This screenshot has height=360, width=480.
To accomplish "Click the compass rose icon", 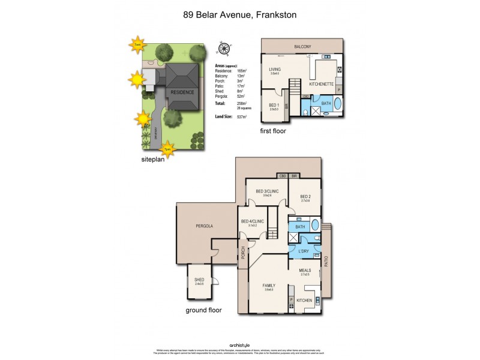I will coord(224,50).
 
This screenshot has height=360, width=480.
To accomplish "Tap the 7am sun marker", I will coord(137,44).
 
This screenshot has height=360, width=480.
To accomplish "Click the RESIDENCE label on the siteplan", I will coord(182,92).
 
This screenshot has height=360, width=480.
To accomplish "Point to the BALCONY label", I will coord(302,47).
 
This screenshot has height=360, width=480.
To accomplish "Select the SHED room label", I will coord(199,280).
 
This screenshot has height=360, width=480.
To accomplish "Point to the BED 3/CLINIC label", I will coord(268,191).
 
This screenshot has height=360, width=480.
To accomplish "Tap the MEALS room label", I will coord(305,271).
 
